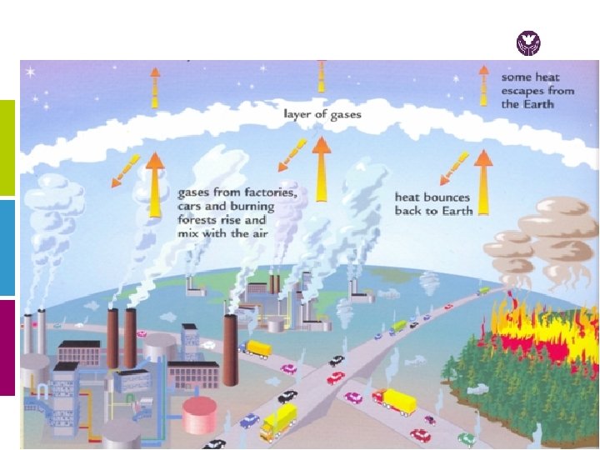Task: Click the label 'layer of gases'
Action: [322, 113]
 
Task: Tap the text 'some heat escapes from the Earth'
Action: [537, 90]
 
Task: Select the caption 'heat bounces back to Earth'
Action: [433, 204]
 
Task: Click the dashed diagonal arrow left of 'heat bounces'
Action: [455, 169]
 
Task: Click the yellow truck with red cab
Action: [393, 402]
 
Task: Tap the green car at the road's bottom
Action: [467, 439]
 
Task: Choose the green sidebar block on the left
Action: [7, 147]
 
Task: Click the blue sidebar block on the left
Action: [7, 247]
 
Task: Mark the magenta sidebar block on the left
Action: [7, 347]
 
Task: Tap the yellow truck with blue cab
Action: [277, 421]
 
